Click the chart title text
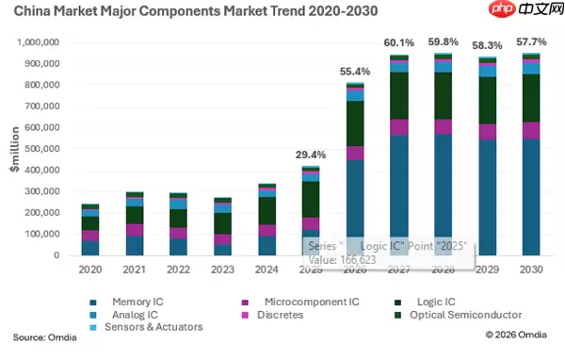pos(196,10)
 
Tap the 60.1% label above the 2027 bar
pos(399,43)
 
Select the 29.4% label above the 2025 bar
pos(311,155)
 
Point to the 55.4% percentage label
pos(355,72)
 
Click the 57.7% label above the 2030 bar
pos(531,41)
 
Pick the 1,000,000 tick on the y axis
pos(38,42)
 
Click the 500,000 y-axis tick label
pos(41,149)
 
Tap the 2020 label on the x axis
pos(90,270)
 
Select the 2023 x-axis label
pos(222,270)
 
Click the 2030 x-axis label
pos(531,270)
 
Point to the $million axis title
pos(15,149)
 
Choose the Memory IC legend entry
pos(126,302)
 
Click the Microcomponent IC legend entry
pos(300,302)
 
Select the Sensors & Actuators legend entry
pos(146,327)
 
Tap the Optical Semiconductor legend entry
pos(459,315)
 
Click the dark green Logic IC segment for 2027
pos(399,96)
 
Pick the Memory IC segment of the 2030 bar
pos(531,197)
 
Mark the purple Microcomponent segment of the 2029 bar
pos(487,132)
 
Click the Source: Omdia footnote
pos(44,337)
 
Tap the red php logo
pos(502,8)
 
